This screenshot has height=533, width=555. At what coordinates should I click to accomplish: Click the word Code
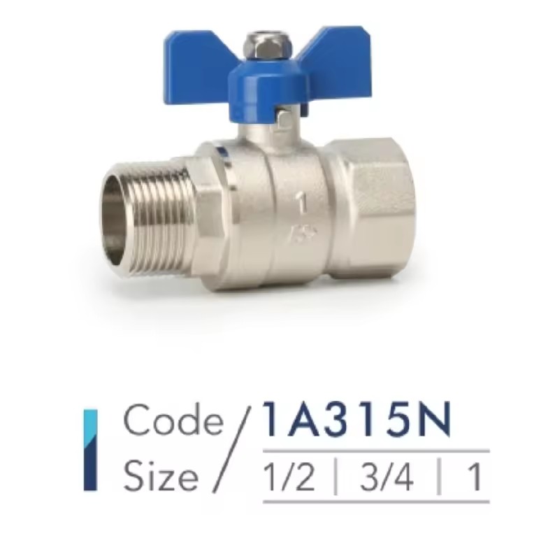point(173,420)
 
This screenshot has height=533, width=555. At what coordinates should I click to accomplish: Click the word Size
point(160,474)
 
